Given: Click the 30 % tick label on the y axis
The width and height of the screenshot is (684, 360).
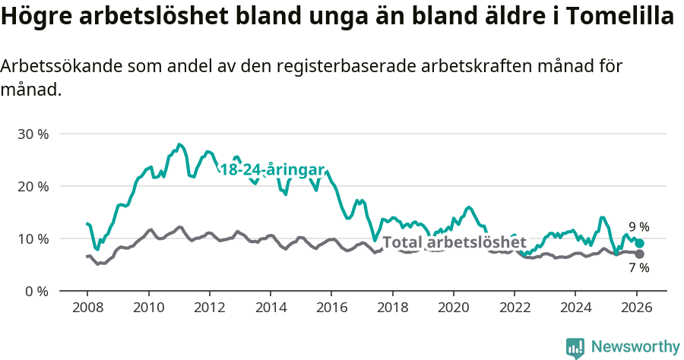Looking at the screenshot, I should [x=33, y=134].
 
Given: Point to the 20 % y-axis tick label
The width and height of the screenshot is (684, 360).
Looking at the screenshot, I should [x=33, y=186].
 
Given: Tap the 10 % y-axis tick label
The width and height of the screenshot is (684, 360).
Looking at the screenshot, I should [x=33, y=238].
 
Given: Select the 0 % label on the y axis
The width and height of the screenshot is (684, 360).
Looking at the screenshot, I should [x=36, y=291].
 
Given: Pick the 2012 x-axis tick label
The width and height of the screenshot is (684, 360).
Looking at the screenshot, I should [x=209, y=309].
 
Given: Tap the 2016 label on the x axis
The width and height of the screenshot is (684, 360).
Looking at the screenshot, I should [x=331, y=309].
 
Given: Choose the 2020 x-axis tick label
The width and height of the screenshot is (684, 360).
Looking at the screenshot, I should [x=453, y=309].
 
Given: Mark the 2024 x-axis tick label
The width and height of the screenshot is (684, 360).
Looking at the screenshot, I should [x=575, y=309].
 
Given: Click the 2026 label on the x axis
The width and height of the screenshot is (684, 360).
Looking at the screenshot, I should [x=636, y=309].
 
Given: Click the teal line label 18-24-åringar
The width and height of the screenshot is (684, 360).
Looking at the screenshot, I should [x=272, y=169].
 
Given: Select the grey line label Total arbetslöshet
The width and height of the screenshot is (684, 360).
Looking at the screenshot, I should [x=454, y=243].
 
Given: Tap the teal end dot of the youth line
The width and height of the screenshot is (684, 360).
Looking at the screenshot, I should [x=640, y=243].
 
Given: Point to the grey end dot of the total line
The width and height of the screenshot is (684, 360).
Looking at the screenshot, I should [x=640, y=254].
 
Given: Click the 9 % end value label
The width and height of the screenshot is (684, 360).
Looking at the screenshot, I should [x=638, y=226].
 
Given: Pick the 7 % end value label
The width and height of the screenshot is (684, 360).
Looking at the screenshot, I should [x=638, y=267].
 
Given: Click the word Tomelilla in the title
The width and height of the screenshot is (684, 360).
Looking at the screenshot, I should [x=619, y=17].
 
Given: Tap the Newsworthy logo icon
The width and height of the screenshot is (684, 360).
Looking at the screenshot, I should [x=575, y=348].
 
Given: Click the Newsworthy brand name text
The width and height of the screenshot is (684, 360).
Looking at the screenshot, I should [x=635, y=347].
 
